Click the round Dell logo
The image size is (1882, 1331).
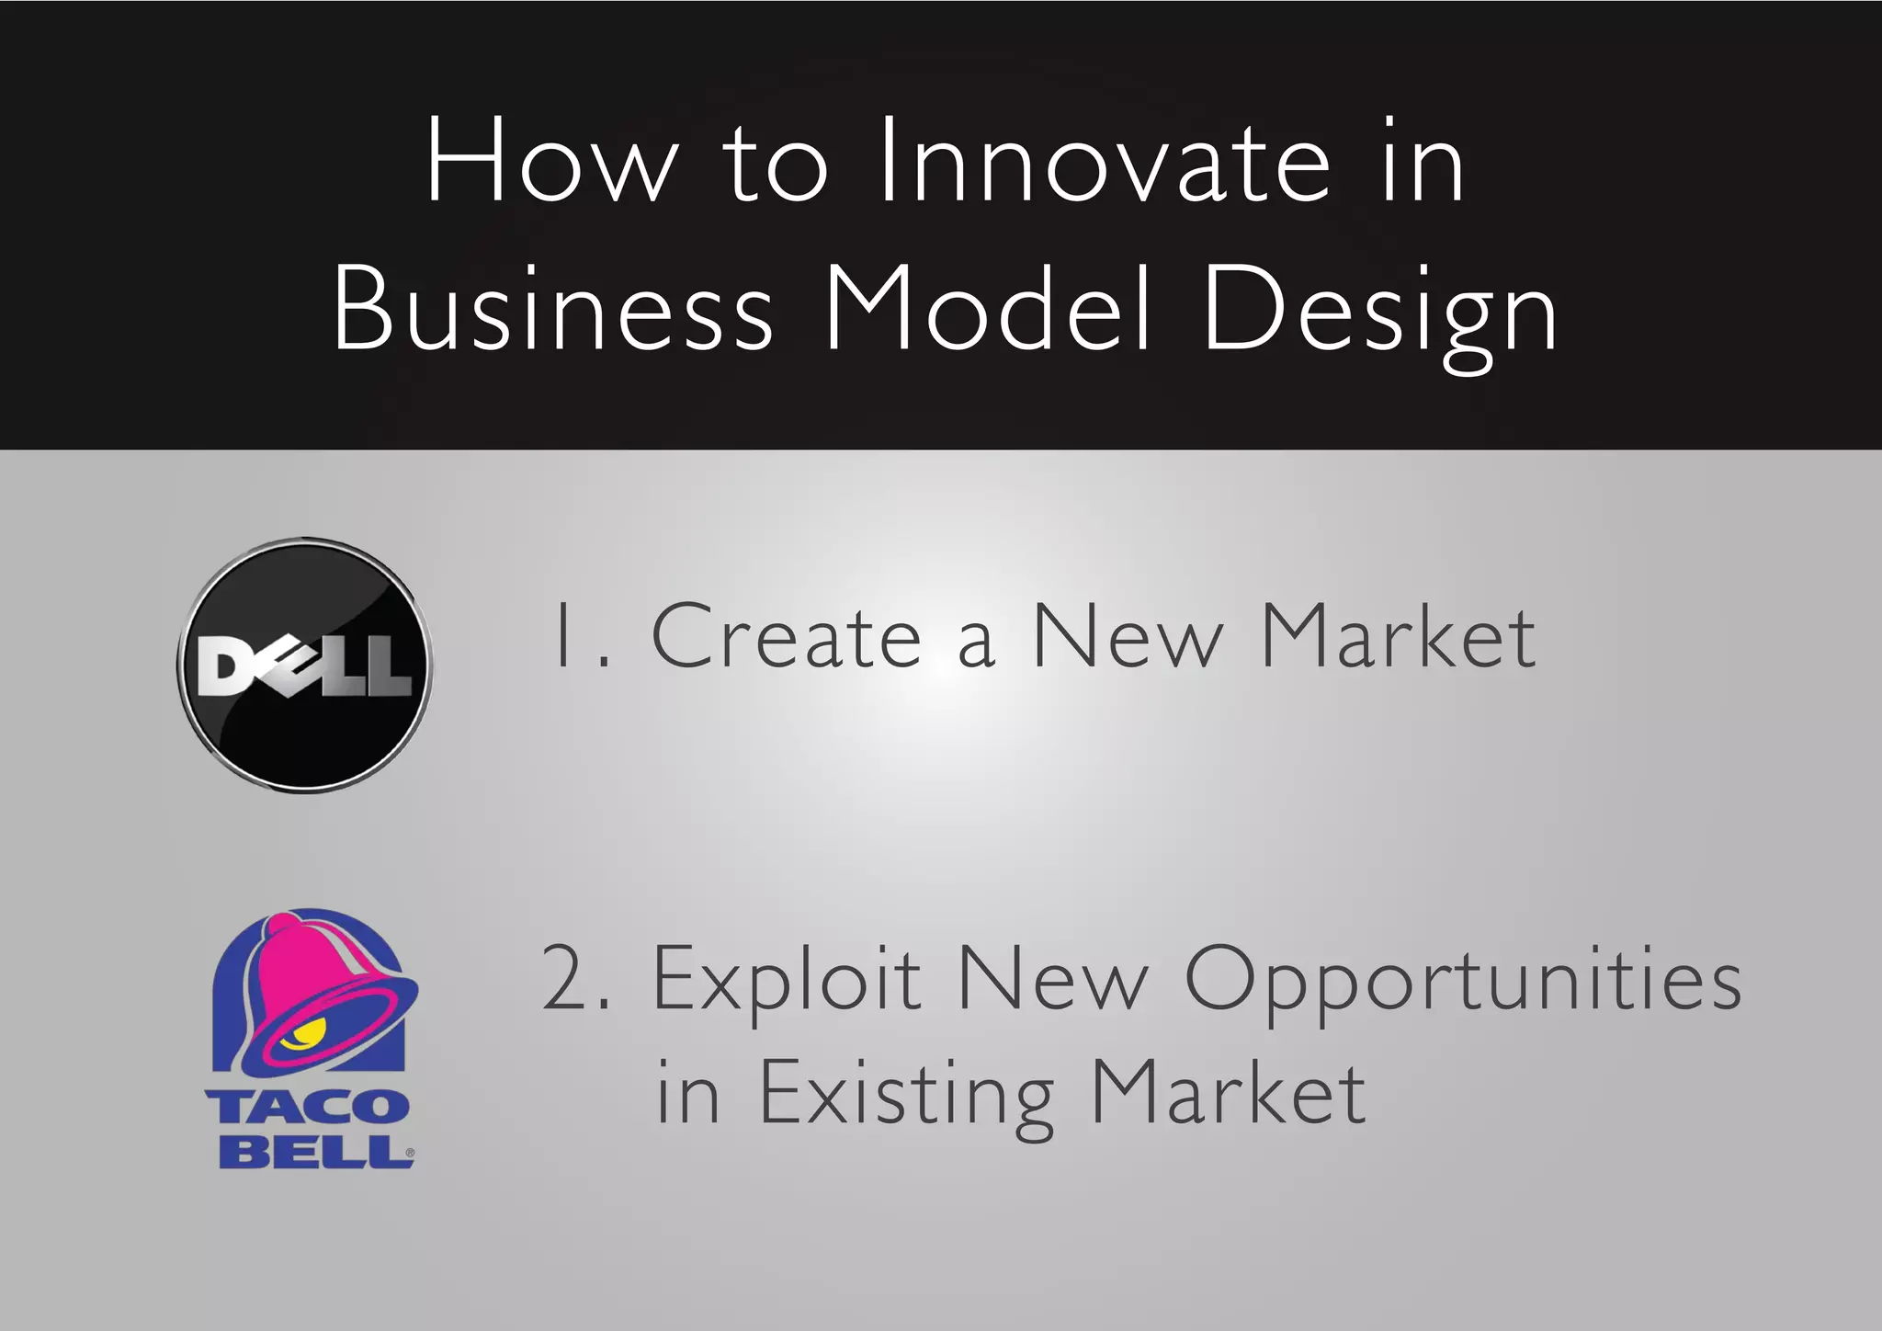pyautogui.click(x=305, y=665)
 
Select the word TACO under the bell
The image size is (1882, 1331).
pyautogui.click(x=308, y=1105)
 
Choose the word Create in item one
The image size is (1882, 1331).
pyautogui.click(x=786, y=637)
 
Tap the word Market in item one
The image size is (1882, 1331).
pyautogui.click(x=1398, y=637)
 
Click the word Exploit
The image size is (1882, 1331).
pyautogui.click(x=786, y=980)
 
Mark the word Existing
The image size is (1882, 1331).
pyautogui.click(x=906, y=1094)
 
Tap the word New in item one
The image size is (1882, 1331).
pyautogui.click(x=1128, y=637)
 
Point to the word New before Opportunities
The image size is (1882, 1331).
pyautogui.click(x=1052, y=978)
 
